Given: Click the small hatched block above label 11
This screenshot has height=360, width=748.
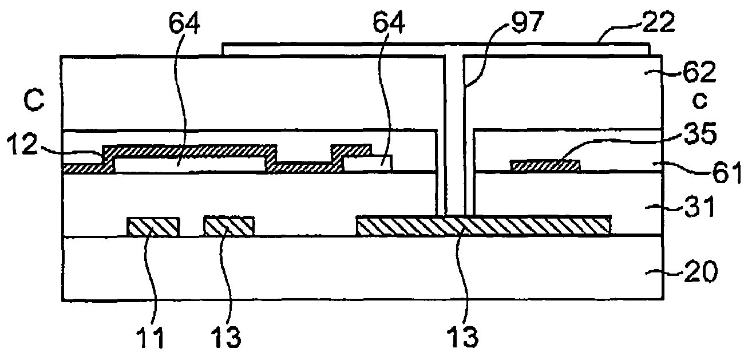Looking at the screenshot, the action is point(153,227).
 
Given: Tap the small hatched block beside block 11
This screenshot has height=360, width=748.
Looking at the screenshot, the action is point(229,226).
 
